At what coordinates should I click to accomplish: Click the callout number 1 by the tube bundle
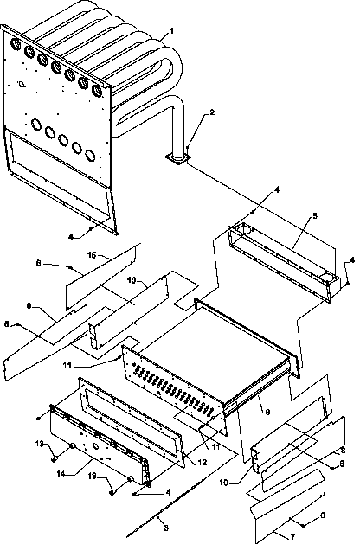tap(171, 31)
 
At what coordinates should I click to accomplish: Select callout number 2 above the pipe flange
tap(212, 113)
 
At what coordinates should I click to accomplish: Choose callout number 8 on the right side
tap(343, 451)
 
